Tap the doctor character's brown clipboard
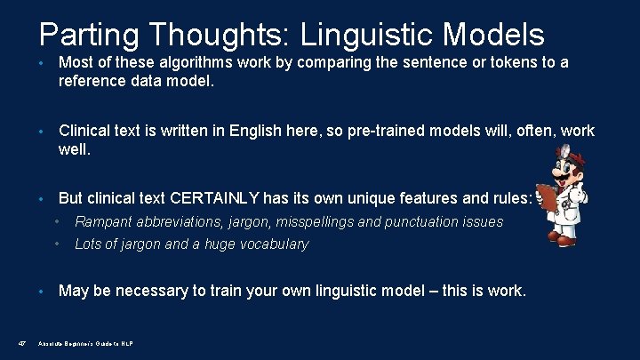[549, 197]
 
